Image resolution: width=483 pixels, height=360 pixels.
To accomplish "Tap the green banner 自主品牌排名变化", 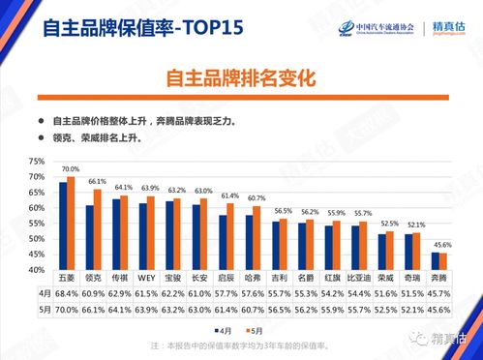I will click(x=241, y=76).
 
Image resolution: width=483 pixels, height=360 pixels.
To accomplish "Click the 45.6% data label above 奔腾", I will click(x=440, y=245).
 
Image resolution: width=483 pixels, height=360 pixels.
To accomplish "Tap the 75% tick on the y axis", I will click(x=36, y=161).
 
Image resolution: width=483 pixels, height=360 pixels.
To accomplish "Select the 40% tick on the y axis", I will click(x=36, y=269).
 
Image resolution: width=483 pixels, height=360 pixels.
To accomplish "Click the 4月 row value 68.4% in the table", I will click(x=67, y=291).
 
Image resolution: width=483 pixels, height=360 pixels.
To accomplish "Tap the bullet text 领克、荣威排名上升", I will click(x=97, y=138).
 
